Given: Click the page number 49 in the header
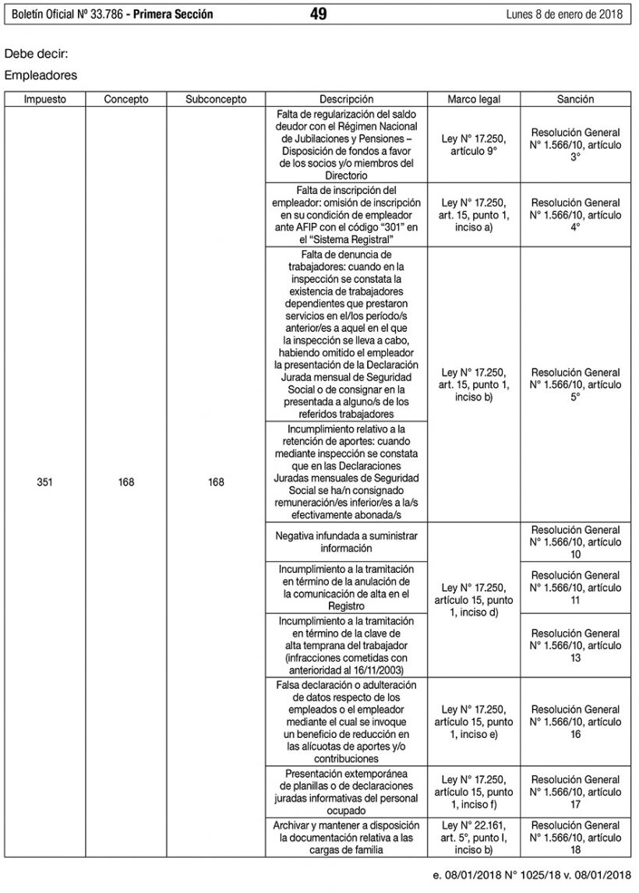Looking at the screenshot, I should [318, 14].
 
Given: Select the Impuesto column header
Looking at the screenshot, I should [44, 100].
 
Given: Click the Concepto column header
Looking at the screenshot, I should [126, 100].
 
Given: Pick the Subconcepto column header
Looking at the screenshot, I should [216, 100].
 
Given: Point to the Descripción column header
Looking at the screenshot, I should [346, 100].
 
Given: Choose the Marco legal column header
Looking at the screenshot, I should [474, 100].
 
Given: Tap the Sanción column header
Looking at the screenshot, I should [575, 100].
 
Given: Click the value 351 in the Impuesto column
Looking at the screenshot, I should [44, 482].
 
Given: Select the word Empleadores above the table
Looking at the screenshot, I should [41, 76].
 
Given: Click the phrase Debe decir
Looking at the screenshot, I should [36, 56].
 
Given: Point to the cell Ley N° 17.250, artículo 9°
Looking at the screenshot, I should [474, 145].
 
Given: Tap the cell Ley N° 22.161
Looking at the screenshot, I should [474, 838].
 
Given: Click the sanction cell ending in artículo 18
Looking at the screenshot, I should [575, 838].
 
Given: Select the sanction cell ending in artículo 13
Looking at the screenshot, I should [575, 645].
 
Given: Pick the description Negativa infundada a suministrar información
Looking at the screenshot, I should [346, 542].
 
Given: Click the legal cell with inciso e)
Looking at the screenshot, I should [474, 722].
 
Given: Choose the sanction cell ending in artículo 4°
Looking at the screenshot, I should [575, 214].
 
